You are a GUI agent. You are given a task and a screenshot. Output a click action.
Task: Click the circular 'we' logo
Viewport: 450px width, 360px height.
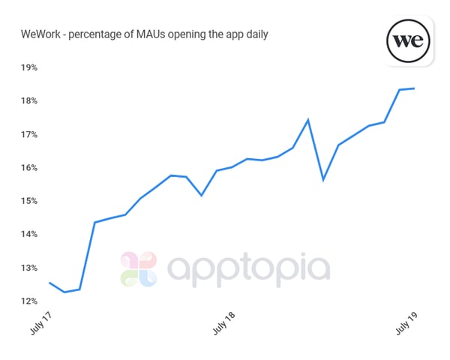(x=408, y=40)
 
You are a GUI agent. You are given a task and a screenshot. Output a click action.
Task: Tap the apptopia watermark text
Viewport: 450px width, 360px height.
(x=247, y=269)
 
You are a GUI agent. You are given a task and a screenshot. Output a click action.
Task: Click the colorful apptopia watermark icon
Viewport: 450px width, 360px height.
(x=139, y=269)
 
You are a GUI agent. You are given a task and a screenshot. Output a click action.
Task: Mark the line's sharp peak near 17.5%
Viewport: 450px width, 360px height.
(x=308, y=119)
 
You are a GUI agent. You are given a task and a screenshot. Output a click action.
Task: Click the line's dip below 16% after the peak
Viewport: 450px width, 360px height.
(x=323, y=180)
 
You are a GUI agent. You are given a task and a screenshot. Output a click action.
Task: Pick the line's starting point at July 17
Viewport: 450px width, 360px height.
(x=49, y=283)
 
